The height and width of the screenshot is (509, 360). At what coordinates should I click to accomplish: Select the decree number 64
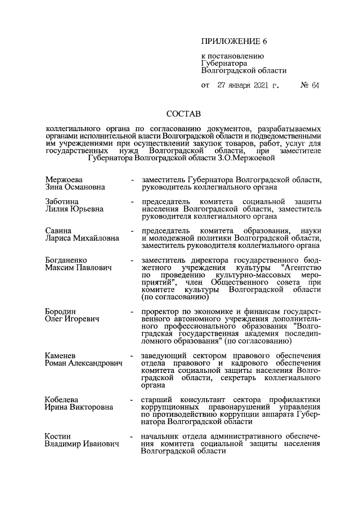(314, 85)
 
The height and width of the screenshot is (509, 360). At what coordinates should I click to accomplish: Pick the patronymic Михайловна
(97, 238)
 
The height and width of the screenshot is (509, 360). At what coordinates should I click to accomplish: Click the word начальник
(163, 436)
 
